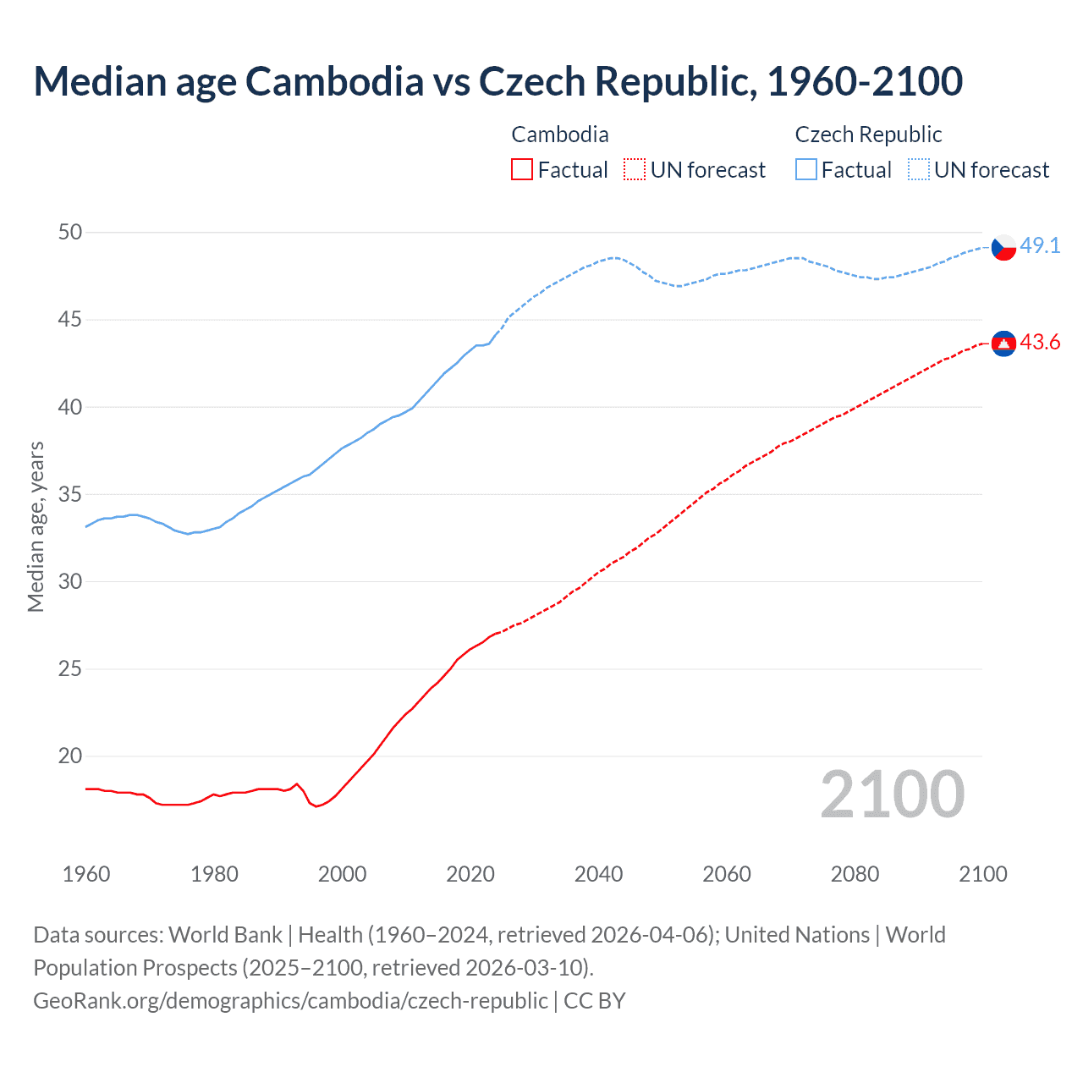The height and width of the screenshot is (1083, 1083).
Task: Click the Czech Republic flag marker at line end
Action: click(x=1003, y=247)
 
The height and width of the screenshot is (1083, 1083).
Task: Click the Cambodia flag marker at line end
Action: click(x=1003, y=343)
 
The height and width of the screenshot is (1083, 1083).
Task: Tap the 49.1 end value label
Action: click(x=1040, y=245)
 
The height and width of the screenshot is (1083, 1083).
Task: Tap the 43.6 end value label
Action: click(x=1040, y=342)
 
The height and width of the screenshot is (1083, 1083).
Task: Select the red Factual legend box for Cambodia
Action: click(x=522, y=169)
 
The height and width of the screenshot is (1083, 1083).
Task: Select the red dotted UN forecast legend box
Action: click(x=635, y=169)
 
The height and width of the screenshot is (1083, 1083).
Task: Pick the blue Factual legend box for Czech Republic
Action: click(x=806, y=169)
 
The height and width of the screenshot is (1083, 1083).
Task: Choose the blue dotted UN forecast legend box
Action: click(x=919, y=169)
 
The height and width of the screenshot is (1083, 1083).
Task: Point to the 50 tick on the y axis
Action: click(x=70, y=232)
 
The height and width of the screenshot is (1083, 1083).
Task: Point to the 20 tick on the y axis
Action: click(x=70, y=756)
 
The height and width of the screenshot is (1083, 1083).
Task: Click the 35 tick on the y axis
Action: click(x=70, y=494)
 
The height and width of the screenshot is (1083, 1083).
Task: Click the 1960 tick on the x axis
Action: click(x=86, y=874)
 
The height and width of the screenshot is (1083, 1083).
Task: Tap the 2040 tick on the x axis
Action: click(x=598, y=874)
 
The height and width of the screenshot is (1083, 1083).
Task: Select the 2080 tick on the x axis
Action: click(x=855, y=874)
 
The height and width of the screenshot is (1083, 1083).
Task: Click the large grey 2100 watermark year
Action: click(x=892, y=794)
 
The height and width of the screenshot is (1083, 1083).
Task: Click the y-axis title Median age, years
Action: click(x=36, y=526)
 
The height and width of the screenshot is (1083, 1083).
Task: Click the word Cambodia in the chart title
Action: click(x=334, y=81)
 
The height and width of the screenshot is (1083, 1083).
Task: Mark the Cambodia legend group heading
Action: click(x=560, y=135)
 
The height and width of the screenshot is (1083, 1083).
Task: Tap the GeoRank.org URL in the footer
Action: click(x=290, y=1000)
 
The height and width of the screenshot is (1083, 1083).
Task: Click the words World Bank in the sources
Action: click(x=225, y=934)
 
